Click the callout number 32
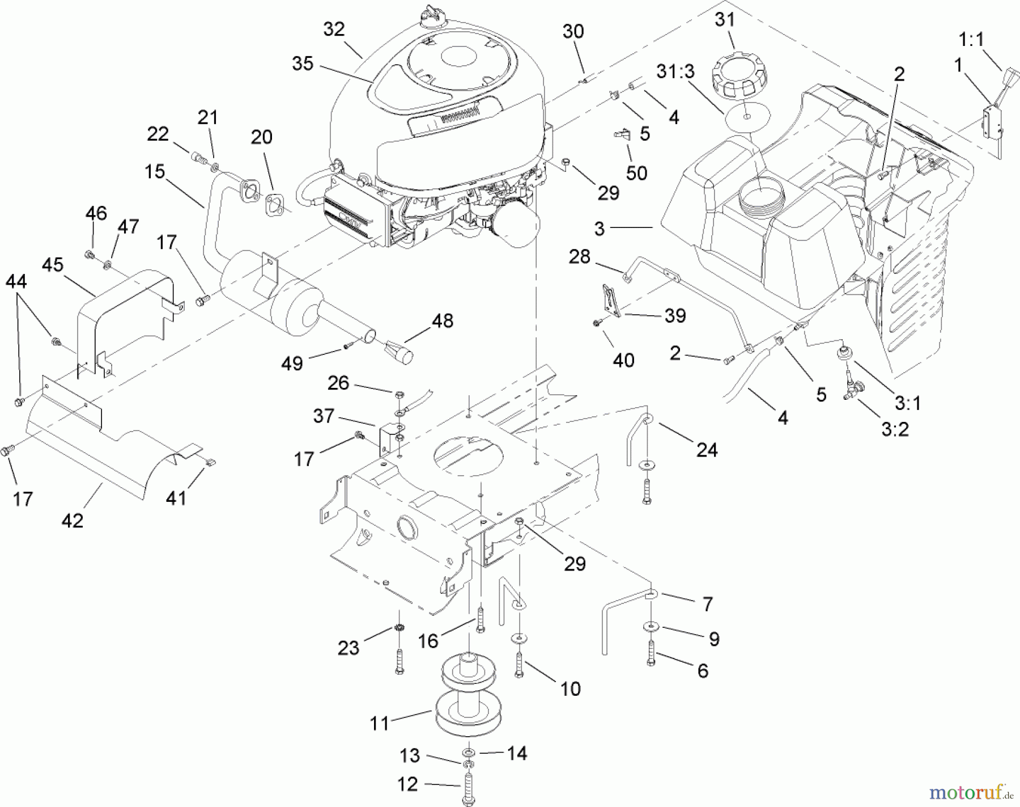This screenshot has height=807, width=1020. tap(334, 29)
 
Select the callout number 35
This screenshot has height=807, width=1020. tap(303, 64)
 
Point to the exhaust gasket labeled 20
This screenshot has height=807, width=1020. tap(275, 205)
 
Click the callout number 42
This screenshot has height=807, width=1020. tap(73, 520)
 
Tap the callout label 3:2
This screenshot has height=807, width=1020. tap(895, 429)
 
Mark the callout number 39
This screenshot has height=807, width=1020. tap(674, 315)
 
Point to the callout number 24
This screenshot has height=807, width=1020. tap(707, 450)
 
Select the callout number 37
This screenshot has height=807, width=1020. tap(324, 416)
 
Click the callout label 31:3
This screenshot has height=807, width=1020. tap(675, 72)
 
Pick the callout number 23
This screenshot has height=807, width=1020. tap(348, 647)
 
